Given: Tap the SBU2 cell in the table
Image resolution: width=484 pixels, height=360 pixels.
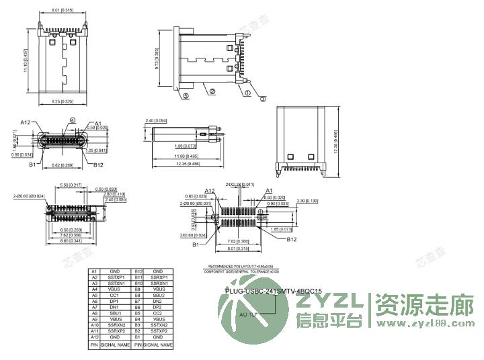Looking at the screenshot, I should tap(159, 295).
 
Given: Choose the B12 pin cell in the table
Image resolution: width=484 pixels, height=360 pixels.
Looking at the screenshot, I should tap(139, 271).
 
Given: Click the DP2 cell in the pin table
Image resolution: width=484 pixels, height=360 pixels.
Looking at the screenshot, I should tap(159, 307).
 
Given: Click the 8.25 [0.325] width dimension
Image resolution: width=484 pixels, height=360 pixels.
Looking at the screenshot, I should tap(63, 101).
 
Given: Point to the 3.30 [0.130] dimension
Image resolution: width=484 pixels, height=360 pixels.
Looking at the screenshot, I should tap(308, 200).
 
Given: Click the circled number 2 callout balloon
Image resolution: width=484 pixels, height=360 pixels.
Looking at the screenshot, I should tap(211, 91).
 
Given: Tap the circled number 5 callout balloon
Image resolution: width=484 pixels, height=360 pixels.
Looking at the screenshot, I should tap(185, 95).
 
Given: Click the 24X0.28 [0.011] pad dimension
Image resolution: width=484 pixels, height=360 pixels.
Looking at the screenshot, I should tap(240, 184).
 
